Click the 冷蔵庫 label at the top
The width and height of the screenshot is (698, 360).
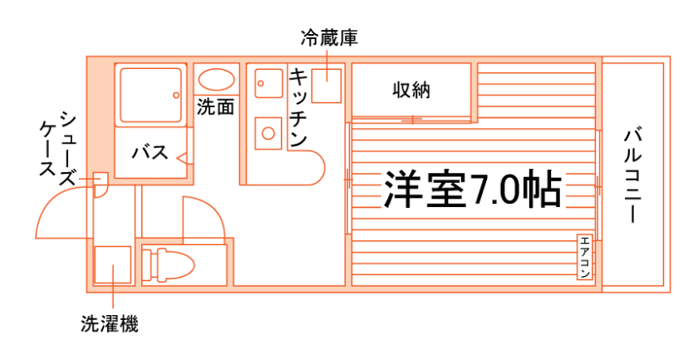[329, 37]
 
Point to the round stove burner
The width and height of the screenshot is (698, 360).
[268, 132]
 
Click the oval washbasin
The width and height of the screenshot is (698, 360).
[216, 81]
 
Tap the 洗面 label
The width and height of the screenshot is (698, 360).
[214, 107]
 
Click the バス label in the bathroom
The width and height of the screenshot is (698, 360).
[150, 153]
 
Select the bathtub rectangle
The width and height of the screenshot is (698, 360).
[150, 94]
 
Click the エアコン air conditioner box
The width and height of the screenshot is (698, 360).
[585, 257]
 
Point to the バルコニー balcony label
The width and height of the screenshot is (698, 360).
[634, 175]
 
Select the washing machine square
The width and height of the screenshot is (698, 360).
[112, 266]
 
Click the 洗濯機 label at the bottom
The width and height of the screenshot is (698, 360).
[110, 324]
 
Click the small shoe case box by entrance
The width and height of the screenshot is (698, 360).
[99, 180]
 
